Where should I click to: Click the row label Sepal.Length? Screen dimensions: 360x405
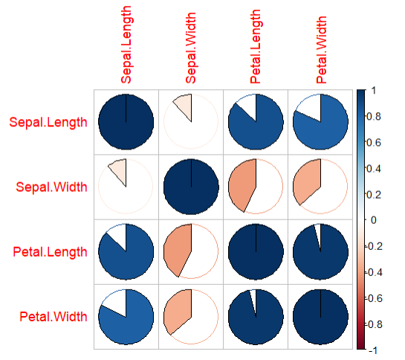pos(46,121)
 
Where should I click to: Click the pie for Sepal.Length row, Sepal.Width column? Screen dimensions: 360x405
pos(192,121)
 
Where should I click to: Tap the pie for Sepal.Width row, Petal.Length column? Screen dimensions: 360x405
pos(256,186)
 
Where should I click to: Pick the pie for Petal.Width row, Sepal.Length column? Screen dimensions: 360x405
pos(126,316)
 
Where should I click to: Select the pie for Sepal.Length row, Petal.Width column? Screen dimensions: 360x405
pos(321,121)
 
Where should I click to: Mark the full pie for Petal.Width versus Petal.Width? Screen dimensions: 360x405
pos(321,316)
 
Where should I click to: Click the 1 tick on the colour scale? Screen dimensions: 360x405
pos(373,90)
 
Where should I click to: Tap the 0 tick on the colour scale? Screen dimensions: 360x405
pos(373,220)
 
